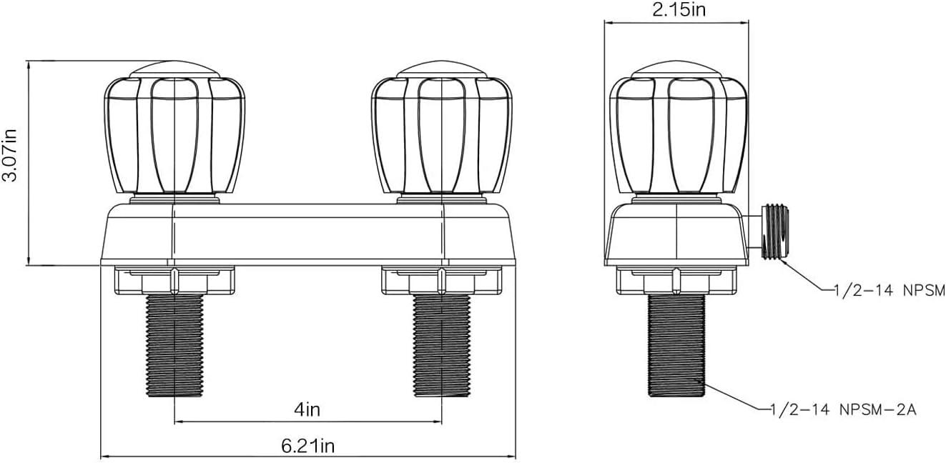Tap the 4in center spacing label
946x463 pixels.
308,409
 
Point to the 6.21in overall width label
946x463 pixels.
307,446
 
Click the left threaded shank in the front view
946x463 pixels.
175,346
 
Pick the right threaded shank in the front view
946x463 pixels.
442,346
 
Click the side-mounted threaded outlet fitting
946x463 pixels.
774,231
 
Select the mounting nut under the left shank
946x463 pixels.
175,281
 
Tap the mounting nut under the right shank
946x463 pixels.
442,281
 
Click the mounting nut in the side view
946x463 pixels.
676,281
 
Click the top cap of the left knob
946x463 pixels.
175,69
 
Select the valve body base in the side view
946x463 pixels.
676,234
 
